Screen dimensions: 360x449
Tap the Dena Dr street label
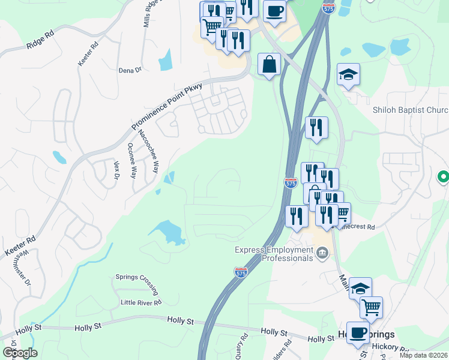130,70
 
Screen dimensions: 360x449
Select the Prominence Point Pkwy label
167,107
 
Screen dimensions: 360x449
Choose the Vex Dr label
116,170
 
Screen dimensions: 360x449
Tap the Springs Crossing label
137,284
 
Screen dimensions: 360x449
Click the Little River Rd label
141,302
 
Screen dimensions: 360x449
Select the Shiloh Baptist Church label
410,110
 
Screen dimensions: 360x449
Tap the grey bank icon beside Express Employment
322,253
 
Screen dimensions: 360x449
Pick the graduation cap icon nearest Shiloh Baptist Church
348,74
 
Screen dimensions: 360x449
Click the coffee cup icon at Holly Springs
359,332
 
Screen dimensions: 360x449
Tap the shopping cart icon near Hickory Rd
371,307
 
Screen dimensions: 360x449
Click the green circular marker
443,178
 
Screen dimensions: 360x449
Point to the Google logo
20,353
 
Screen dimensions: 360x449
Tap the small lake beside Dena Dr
165,60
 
